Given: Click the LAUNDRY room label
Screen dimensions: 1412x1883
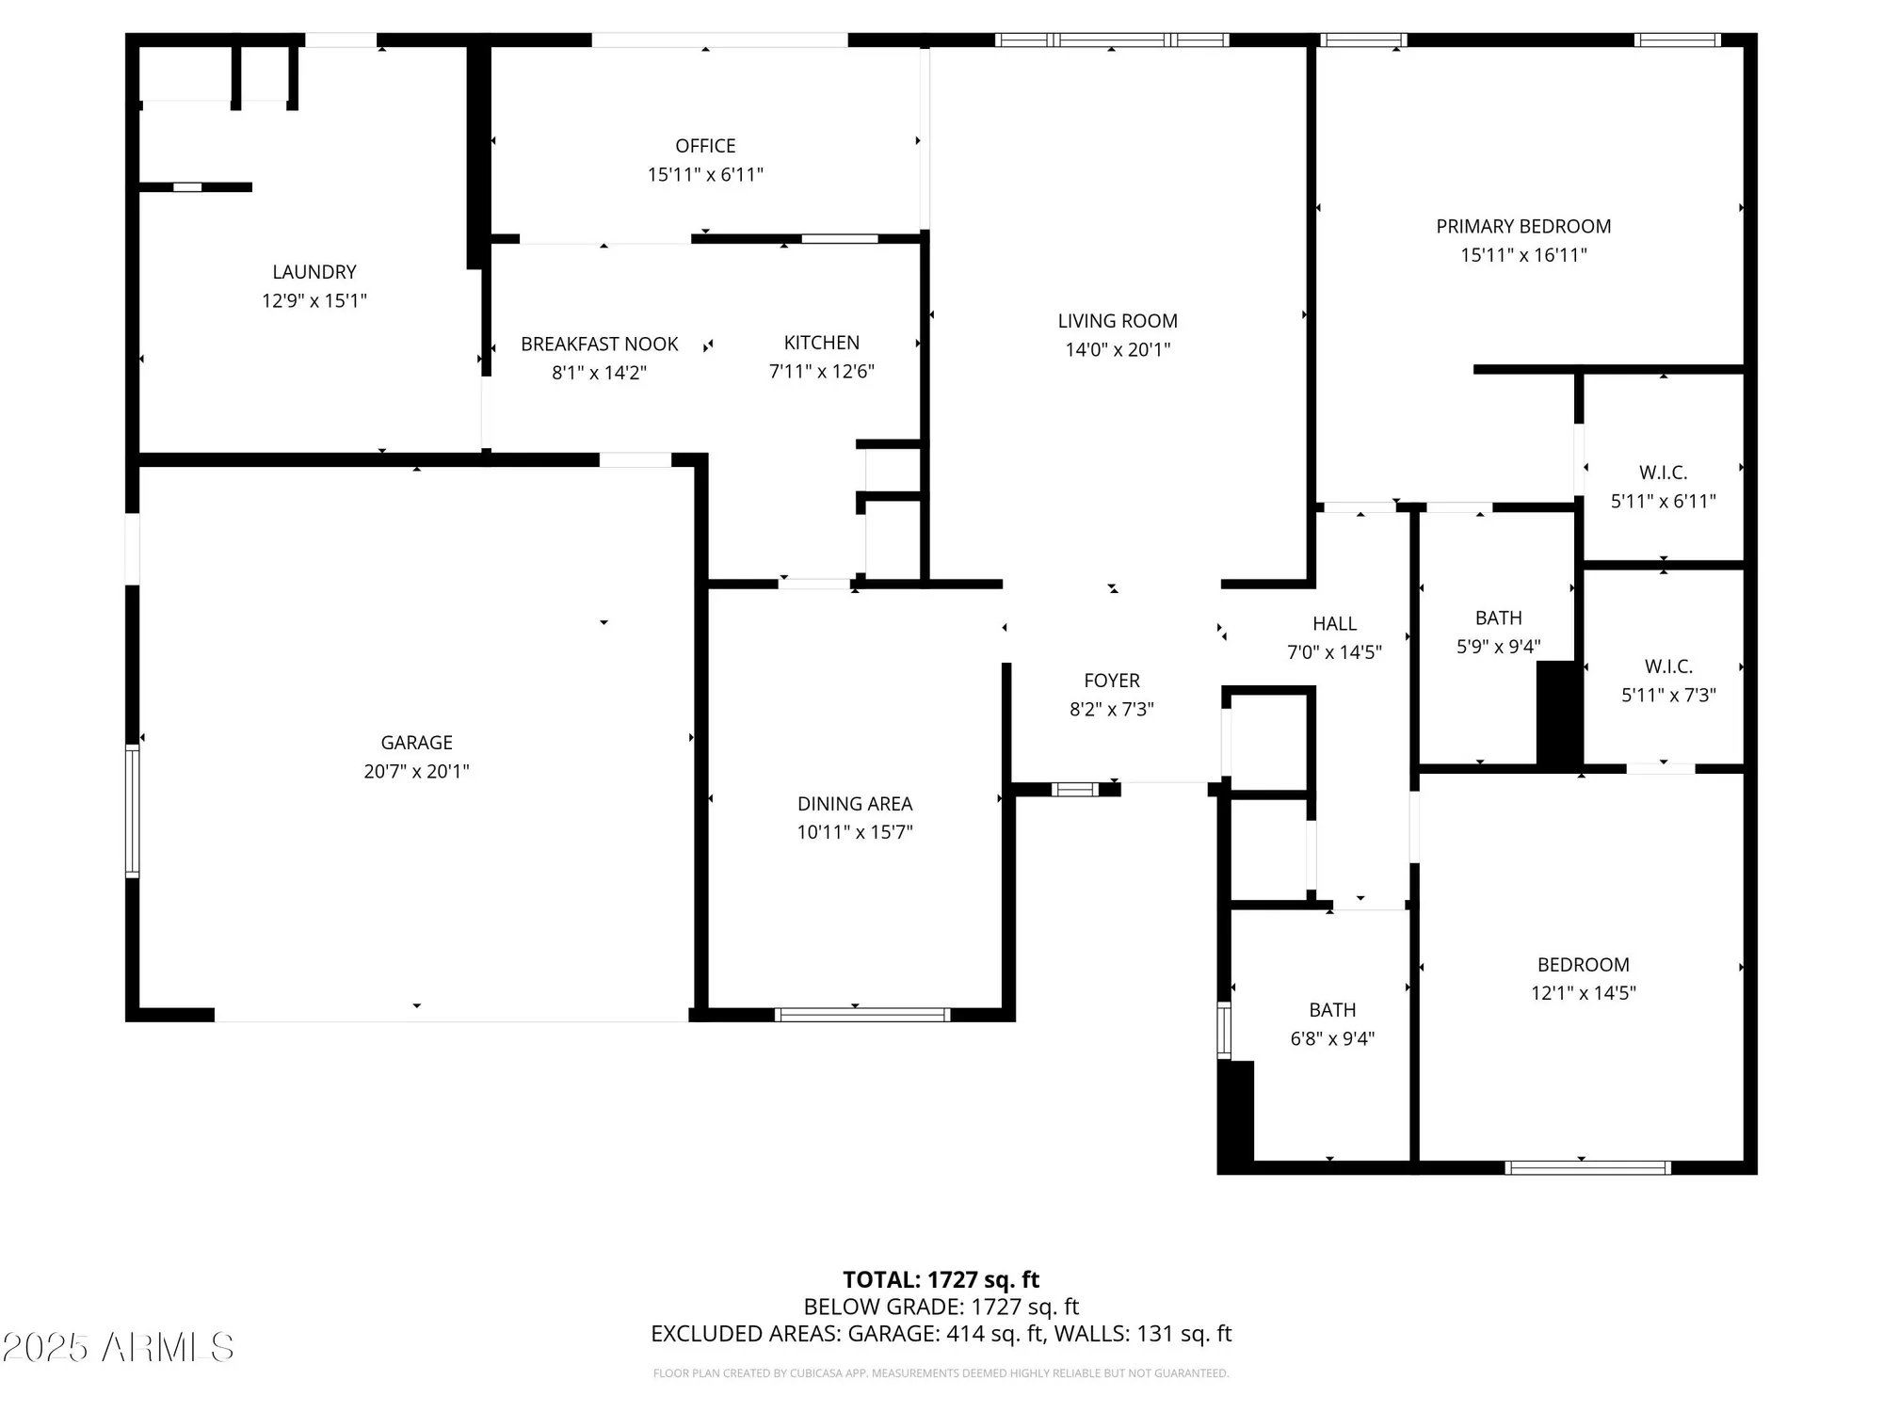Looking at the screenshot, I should point(314,272).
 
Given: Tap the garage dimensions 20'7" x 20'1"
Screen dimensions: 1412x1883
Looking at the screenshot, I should point(416,771).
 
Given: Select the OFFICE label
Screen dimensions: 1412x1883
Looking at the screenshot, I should point(705,146).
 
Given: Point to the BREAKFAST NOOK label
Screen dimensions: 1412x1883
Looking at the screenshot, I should point(599,345).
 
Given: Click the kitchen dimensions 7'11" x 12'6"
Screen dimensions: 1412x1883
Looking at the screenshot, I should point(821,372).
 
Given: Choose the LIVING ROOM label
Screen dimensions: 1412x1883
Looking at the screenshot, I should point(1117,321).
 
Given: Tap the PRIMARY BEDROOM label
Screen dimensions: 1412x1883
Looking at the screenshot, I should point(1522,227).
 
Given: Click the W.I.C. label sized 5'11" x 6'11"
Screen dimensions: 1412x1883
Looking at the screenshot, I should point(1663,473).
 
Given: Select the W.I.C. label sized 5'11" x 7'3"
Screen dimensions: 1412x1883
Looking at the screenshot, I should point(1668,666).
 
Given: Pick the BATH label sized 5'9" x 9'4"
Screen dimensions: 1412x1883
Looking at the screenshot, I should point(1498,618).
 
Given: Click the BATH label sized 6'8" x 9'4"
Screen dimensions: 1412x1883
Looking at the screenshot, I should point(1332,1010).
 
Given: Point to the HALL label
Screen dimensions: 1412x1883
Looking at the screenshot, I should point(1334,623).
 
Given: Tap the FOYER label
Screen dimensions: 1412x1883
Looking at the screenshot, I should point(1111,681).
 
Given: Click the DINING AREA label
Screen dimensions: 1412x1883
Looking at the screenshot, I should point(854,804).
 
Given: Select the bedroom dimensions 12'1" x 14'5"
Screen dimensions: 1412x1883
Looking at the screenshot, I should point(1583,992).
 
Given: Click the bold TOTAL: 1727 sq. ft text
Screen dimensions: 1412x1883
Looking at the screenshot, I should point(941,1279).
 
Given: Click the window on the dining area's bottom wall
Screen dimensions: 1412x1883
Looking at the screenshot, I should point(861,1015).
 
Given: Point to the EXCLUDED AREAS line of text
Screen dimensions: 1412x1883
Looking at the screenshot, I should point(941,1333).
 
